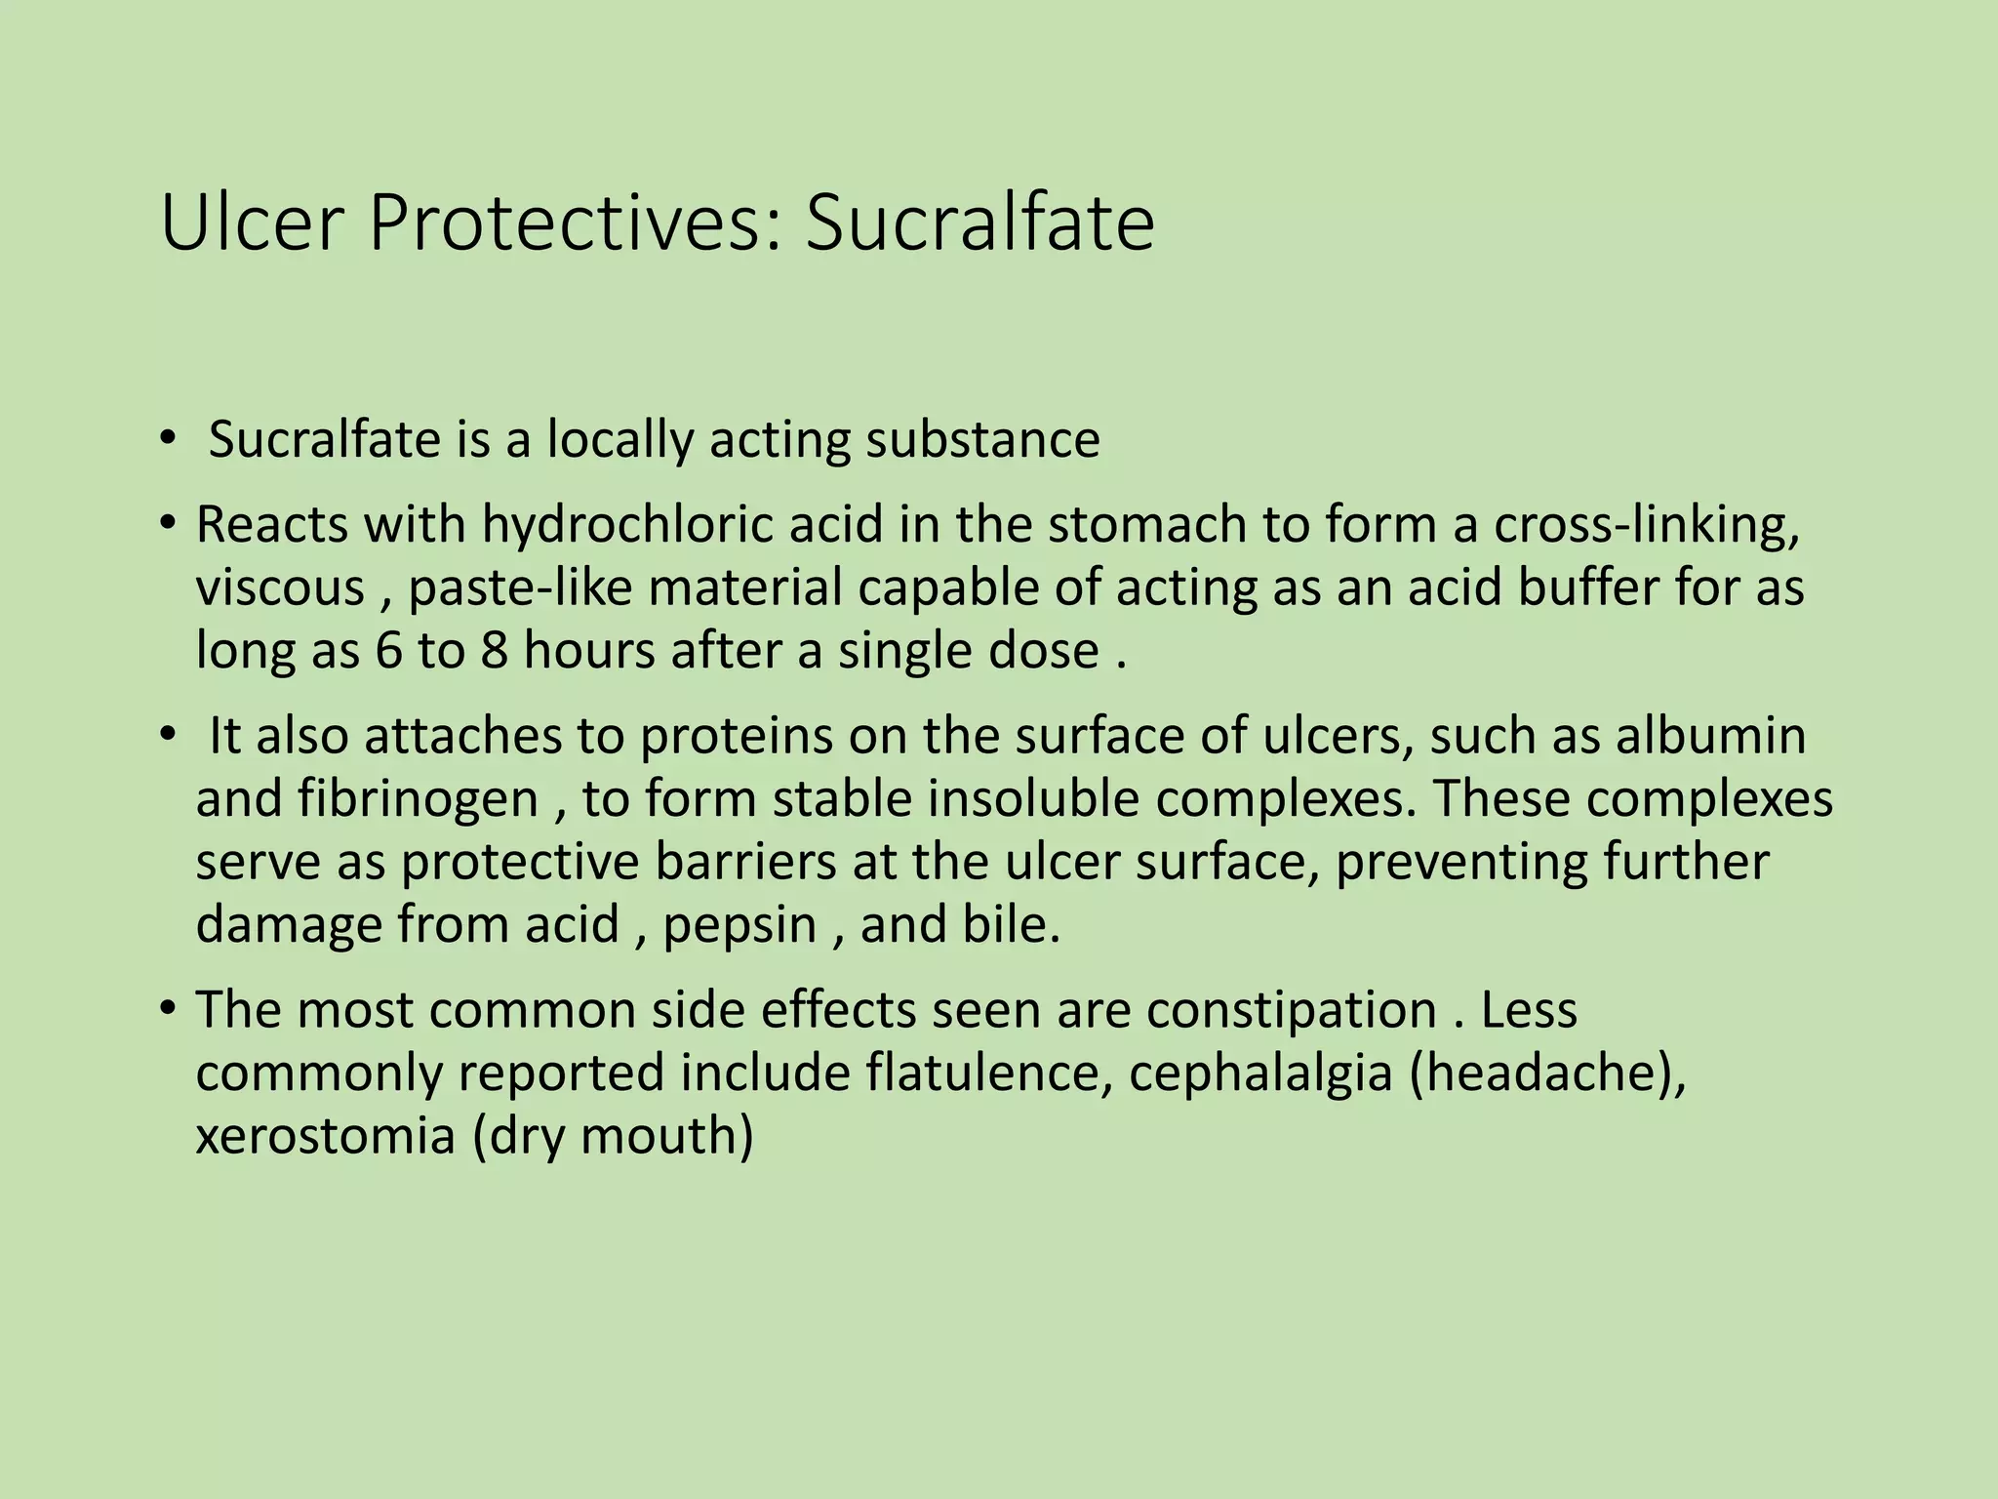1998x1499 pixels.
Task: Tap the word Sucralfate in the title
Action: pos(979,223)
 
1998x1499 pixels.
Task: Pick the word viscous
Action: pos(280,588)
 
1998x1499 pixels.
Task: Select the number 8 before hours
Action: pos(494,651)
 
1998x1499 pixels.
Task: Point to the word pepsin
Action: pos(739,925)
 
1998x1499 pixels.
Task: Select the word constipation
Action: pos(1291,1010)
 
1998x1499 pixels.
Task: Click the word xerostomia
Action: pos(326,1136)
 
